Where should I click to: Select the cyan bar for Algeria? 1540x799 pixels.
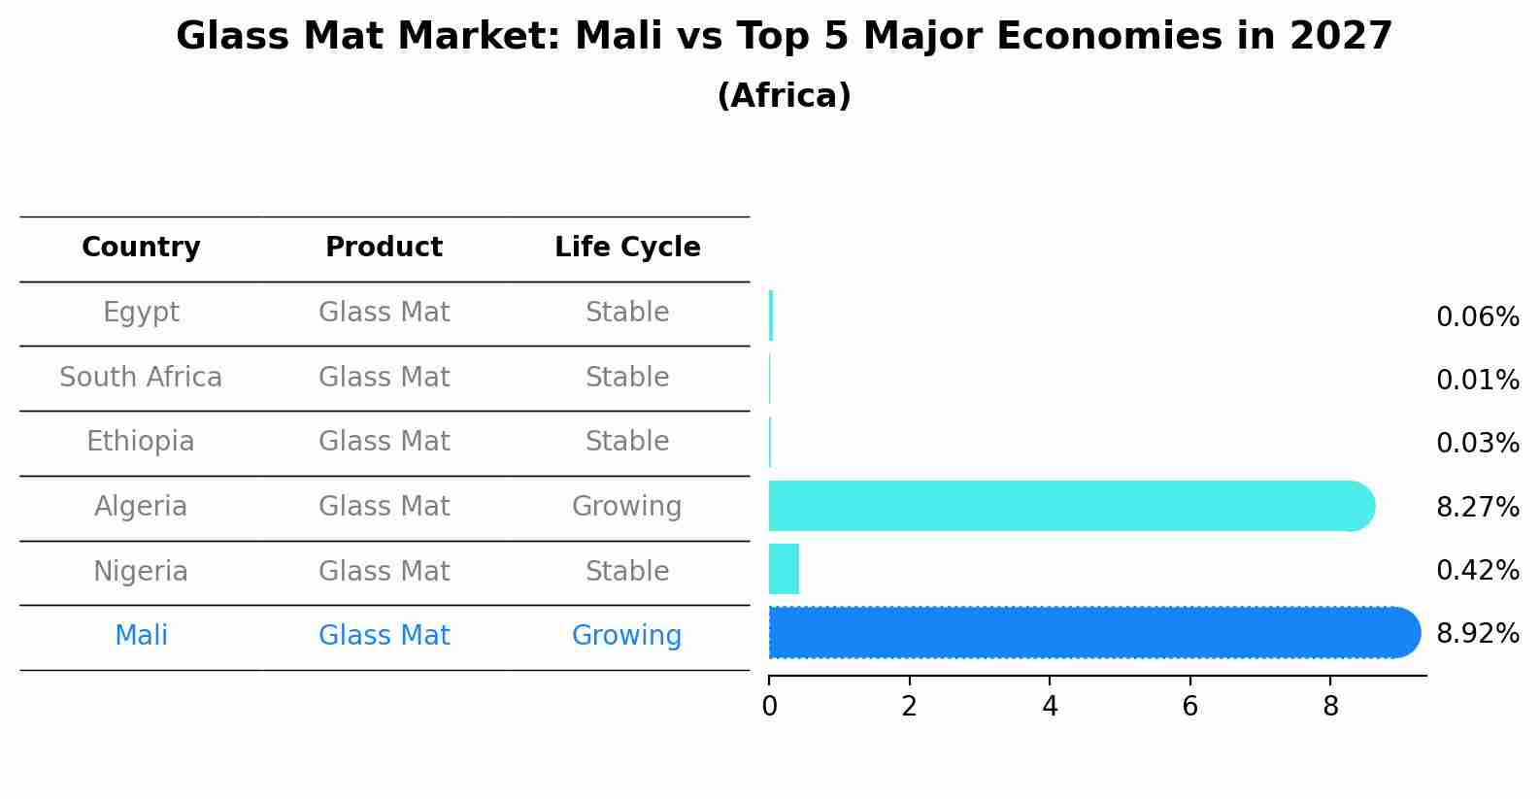click(1068, 506)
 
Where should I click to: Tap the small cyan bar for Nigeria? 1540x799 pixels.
click(784, 569)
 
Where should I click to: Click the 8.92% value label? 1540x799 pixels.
click(1477, 634)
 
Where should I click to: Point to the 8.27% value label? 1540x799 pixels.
click(1477, 507)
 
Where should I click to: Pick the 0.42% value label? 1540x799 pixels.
click(1477, 571)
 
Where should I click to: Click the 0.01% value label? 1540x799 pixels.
click(1477, 381)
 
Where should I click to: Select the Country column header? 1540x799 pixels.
click(141, 248)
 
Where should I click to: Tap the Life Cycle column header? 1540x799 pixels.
click(627, 248)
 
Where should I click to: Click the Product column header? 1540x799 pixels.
click(384, 248)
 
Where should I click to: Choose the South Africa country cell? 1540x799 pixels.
click(141, 378)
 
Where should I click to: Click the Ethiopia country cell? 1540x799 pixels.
click(141, 442)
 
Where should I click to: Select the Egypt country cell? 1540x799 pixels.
click(141, 313)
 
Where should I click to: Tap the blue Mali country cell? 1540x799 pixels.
click(141, 636)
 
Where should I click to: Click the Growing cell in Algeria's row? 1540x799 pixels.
click(626, 507)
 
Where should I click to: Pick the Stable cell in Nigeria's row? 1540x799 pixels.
click(626, 571)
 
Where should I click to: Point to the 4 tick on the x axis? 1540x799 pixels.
click(1050, 707)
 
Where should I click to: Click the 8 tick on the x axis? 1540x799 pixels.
click(1330, 707)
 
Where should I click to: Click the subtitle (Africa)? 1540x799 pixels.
click(784, 96)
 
